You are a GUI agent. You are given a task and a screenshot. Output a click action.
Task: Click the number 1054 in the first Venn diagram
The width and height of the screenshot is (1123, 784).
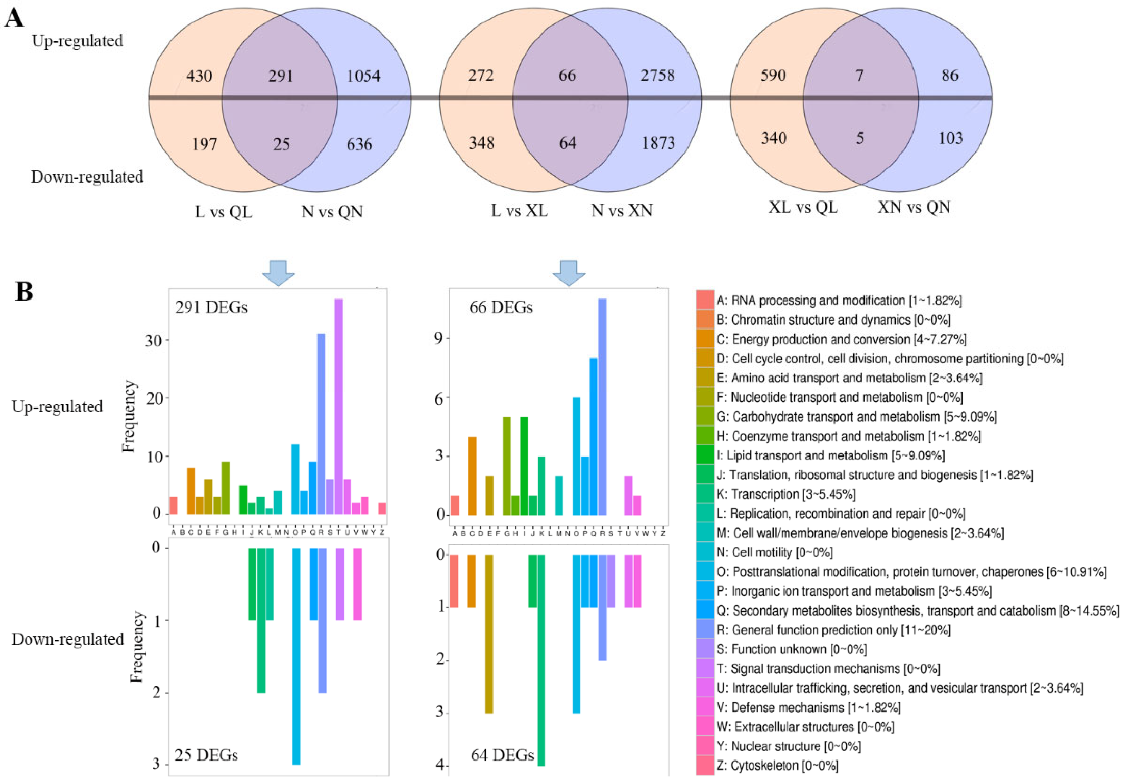coord(363,76)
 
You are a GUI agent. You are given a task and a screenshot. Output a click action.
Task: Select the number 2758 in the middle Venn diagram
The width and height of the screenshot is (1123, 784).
coord(657,75)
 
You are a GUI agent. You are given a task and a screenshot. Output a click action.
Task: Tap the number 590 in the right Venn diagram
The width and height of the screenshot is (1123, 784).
coord(773,75)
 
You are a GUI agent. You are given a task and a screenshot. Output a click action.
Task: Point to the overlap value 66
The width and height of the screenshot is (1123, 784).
coord(567,75)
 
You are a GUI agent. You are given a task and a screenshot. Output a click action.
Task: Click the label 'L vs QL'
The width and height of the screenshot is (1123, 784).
coord(224,212)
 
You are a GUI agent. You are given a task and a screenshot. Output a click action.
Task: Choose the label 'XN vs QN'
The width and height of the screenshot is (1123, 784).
coord(914,207)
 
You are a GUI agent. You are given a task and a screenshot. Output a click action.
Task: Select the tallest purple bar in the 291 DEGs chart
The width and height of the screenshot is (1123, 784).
coord(339,406)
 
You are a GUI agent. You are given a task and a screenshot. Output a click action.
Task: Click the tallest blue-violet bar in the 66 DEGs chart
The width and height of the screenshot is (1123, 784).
coord(602,406)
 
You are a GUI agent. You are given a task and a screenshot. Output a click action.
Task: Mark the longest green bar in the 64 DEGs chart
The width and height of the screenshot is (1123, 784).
coord(541,660)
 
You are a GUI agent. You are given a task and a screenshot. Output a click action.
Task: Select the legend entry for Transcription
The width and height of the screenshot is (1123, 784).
coord(785,494)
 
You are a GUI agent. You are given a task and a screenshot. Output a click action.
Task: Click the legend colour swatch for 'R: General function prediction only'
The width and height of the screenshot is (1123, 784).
coord(705,630)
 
